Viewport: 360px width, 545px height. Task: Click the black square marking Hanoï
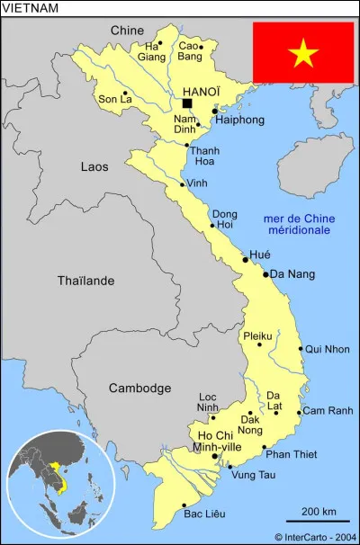pyautogui.click(x=186, y=103)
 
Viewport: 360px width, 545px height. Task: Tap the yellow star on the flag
pyautogui.click(x=303, y=54)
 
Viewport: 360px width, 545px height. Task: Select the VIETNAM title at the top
pyautogui.click(x=31, y=8)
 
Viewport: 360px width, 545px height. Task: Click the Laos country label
pyautogui.click(x=94, y=166)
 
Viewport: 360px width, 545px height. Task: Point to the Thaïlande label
pyautogui.click(x=85, y=281)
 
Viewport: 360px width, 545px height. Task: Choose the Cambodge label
pyautogui.click(x=139, y=388)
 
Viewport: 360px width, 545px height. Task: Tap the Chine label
pyautogui.click(x=127, y=31)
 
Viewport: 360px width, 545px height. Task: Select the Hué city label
pyautogui.click(x=259, y=255)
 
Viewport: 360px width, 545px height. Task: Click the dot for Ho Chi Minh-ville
pyautogui.click(x=214, y=456)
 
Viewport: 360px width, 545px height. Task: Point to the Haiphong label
pyautogui.click(x=239, y=119)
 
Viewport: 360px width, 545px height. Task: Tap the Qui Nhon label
pyautogui.click(x=328, y=349)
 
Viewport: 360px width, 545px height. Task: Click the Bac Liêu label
pyautogui.click(x=203, y=514)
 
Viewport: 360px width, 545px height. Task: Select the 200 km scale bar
pyautogui.click(x=318, y=521)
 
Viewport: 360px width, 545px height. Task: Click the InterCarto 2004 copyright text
pyautogui.click(x=314, y=537)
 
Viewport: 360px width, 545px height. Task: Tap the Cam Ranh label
pyautogui.click(x=328, y=411)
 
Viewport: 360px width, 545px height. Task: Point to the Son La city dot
pyautogui.click(x=124, y=93)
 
